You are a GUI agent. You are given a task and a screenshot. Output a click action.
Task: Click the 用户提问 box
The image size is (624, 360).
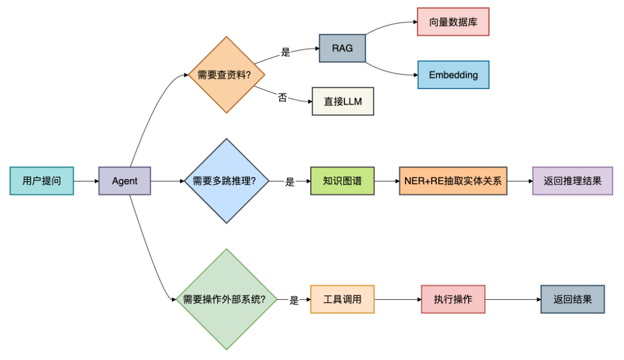point(42,181)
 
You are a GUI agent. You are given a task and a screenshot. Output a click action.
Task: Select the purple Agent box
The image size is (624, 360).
point(125,181)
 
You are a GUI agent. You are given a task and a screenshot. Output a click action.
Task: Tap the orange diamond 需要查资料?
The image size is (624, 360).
point(226,75)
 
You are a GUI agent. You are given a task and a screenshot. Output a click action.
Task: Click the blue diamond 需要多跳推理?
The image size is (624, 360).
point(226,181)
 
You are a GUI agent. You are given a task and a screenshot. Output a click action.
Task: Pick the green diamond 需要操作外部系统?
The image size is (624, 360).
point(226,299)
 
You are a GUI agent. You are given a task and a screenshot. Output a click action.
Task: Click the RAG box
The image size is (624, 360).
point(342,49)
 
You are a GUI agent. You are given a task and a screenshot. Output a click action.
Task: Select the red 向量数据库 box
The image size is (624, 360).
point(453,22)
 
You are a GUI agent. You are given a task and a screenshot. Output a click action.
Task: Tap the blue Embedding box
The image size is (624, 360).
point(453,75)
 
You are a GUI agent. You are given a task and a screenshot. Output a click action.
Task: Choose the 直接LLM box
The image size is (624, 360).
point(343,102)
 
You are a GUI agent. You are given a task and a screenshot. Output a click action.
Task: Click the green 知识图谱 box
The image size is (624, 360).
point(342,181)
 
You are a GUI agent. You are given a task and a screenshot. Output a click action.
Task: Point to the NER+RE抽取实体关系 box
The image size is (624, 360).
point(453,181)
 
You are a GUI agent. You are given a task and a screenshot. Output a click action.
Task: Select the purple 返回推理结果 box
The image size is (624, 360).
point(572,181)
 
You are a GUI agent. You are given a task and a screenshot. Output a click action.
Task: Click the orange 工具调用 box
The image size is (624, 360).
point(342,299)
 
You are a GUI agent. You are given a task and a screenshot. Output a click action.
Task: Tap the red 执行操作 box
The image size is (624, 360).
point(453,299)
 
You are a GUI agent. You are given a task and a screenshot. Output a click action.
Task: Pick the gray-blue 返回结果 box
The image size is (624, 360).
point(572,299)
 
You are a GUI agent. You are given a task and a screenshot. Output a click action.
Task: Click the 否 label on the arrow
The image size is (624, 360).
point(282,98)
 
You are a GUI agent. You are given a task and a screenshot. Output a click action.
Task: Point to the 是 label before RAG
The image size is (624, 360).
point(285,53)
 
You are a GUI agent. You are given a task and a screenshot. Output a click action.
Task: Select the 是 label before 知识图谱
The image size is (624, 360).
point(290,181)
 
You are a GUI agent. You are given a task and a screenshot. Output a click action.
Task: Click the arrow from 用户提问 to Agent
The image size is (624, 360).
point(86,181)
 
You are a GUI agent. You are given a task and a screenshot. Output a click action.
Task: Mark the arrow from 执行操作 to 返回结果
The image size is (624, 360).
point(512,299)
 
